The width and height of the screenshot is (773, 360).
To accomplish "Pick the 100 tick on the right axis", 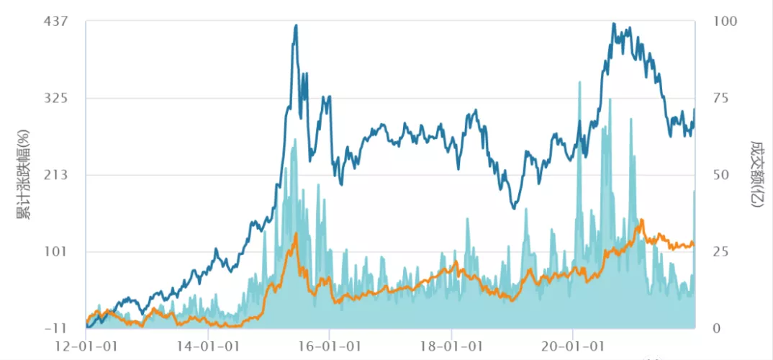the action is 725,22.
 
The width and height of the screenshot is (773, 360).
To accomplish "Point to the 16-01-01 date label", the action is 330,347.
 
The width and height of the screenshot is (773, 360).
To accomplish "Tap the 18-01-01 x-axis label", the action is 451,347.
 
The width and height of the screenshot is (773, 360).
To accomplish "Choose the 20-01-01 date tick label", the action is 573,347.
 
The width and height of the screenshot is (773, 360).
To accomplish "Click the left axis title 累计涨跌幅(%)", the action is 23,175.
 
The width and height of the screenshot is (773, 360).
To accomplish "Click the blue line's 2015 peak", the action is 296,26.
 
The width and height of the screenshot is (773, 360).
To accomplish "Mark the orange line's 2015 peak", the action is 296,234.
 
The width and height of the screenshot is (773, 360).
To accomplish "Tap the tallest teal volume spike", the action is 579,82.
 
